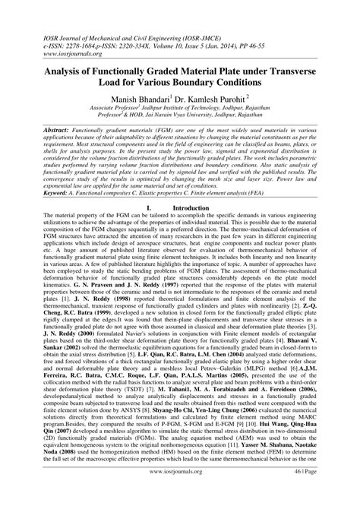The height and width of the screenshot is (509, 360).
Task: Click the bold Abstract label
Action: [39, 131]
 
